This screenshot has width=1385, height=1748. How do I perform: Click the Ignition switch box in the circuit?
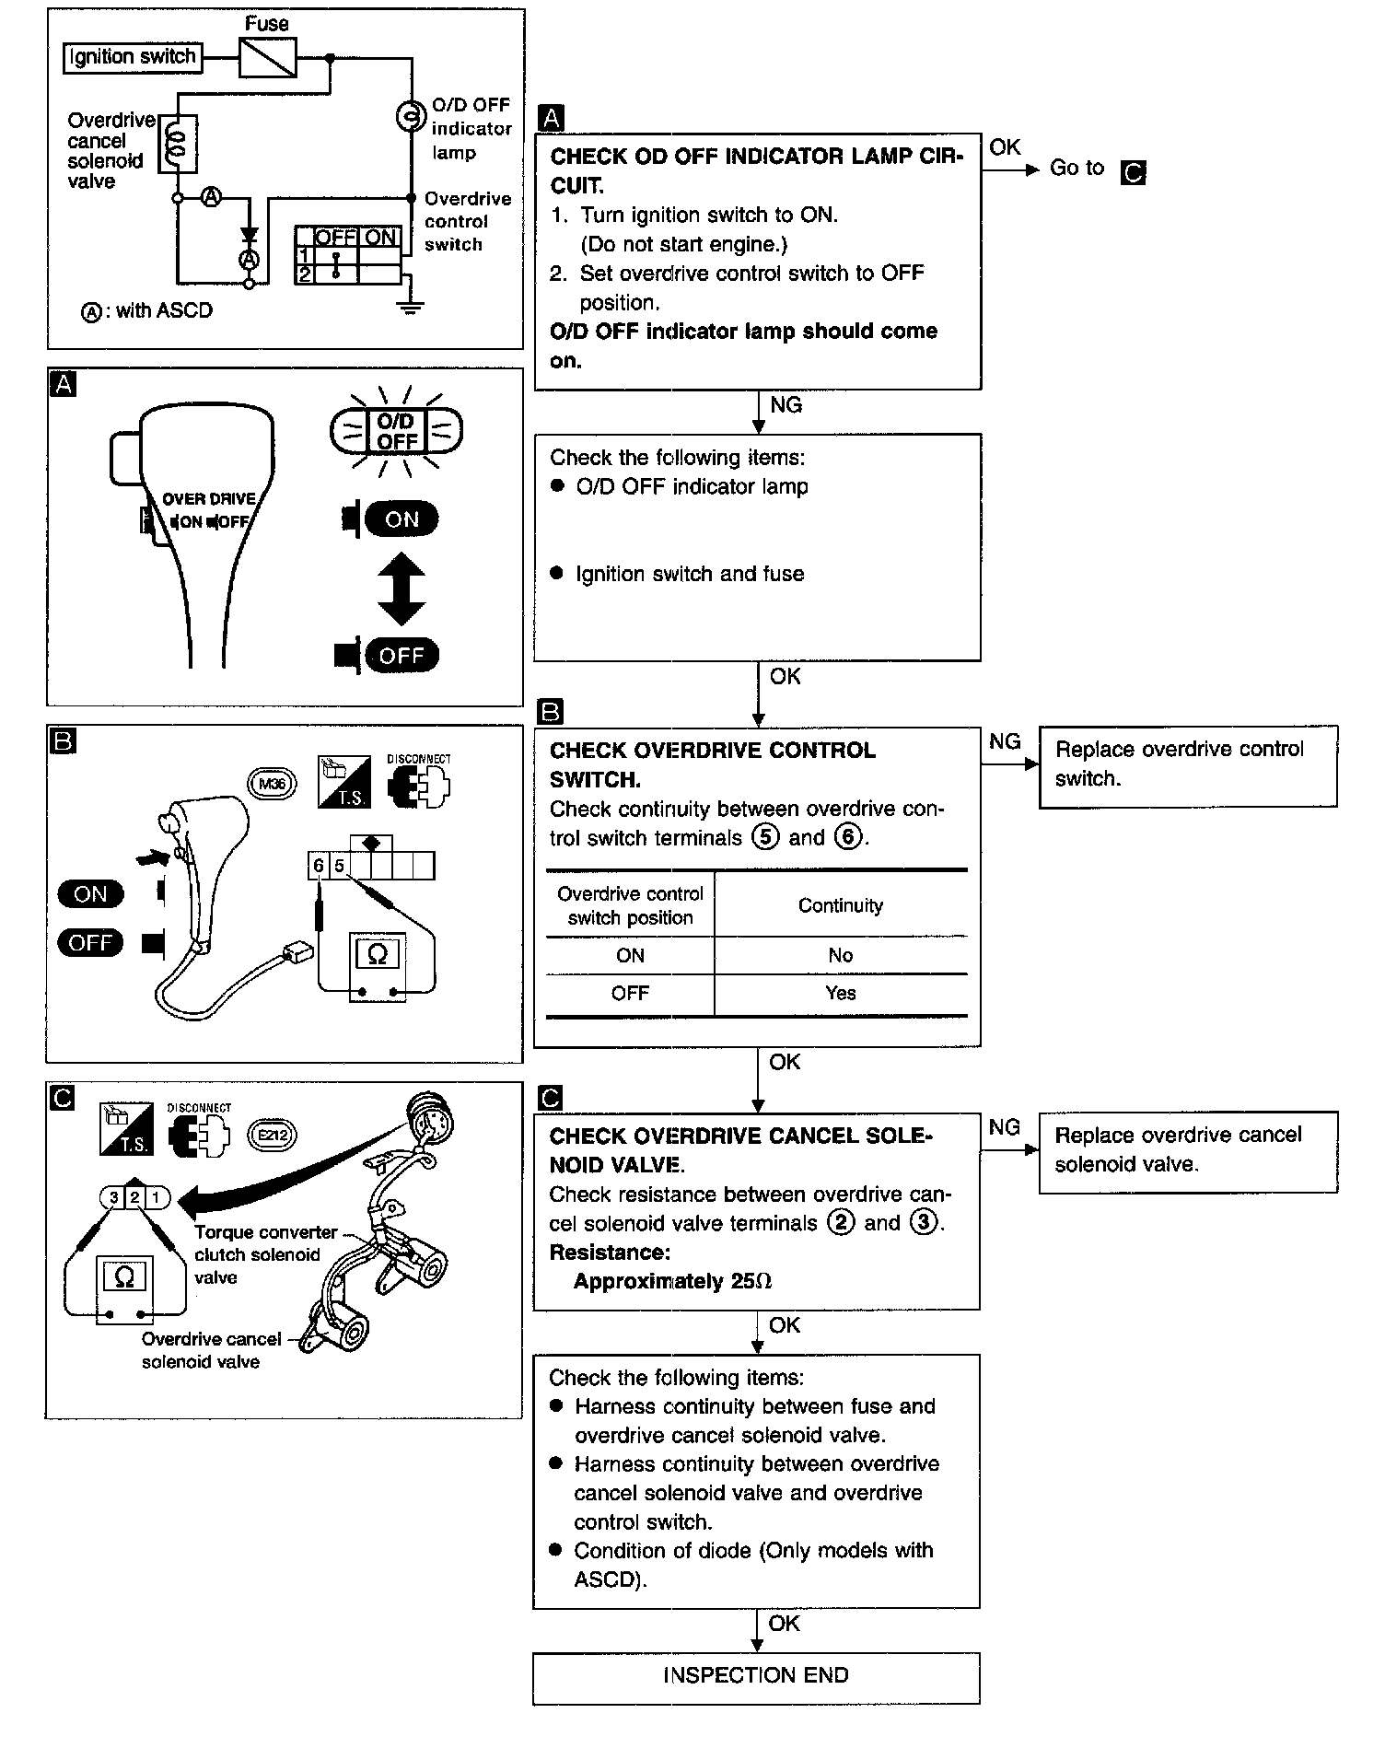133,57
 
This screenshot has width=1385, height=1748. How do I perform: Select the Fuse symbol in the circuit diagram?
267,57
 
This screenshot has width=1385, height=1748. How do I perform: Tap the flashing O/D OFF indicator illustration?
397,431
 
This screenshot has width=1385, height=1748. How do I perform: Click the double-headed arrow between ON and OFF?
402,589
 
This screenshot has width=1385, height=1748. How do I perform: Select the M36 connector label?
272,784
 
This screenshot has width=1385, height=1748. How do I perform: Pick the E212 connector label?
273,1135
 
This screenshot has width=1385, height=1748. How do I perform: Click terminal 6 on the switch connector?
319,866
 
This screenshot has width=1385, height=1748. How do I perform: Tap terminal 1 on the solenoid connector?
157,1197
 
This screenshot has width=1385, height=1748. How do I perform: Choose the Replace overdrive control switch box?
1188,767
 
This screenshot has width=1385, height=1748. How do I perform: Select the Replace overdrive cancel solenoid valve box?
1188,1153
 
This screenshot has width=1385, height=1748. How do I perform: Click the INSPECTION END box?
756,1678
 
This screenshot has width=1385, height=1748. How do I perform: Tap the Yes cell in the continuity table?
841,994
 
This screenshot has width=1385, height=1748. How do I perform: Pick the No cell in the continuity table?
841,956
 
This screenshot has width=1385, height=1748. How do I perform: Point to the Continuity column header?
841,905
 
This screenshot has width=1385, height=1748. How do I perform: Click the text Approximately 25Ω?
673,1282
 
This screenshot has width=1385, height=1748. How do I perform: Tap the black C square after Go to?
1134,172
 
